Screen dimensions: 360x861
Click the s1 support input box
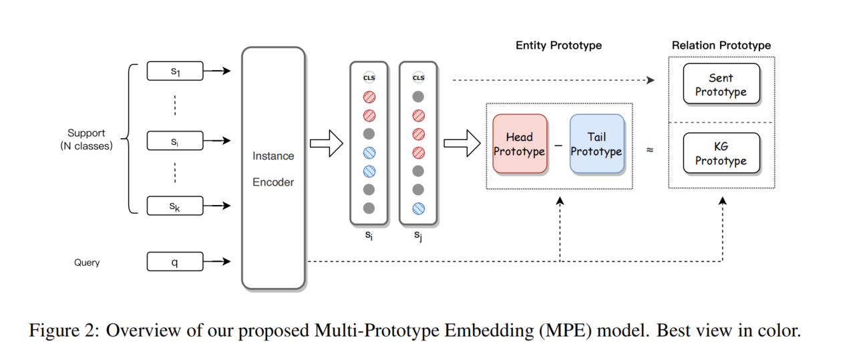[x=174, y=71]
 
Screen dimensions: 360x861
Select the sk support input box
[x=174, y=206]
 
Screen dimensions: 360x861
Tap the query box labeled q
[x=174, y=262]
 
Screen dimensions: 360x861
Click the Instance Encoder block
[x=273, y=168]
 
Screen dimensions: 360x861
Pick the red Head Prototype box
[x=519, y=144]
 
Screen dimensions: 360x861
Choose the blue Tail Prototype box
[x=596, y=144]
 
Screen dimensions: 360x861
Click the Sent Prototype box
[x=721, y=84]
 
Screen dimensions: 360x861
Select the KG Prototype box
[x=721, y=153]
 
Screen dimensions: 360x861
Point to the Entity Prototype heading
[x=558, y=45]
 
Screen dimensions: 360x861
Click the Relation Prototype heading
[x=721, y=45]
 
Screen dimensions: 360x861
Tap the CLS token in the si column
[x=369, y=77]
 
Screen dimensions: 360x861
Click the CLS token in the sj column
[x=418, y=77]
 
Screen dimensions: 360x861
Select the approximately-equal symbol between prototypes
[x=649, y=150]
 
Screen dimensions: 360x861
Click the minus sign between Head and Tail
[x=558, y=145]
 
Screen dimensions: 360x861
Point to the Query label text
[x=87, y=262]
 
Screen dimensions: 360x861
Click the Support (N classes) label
[x=86, y=140]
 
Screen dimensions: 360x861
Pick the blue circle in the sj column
[x=418, y=208]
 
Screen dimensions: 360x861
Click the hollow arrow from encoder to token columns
[x=326, y=144]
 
